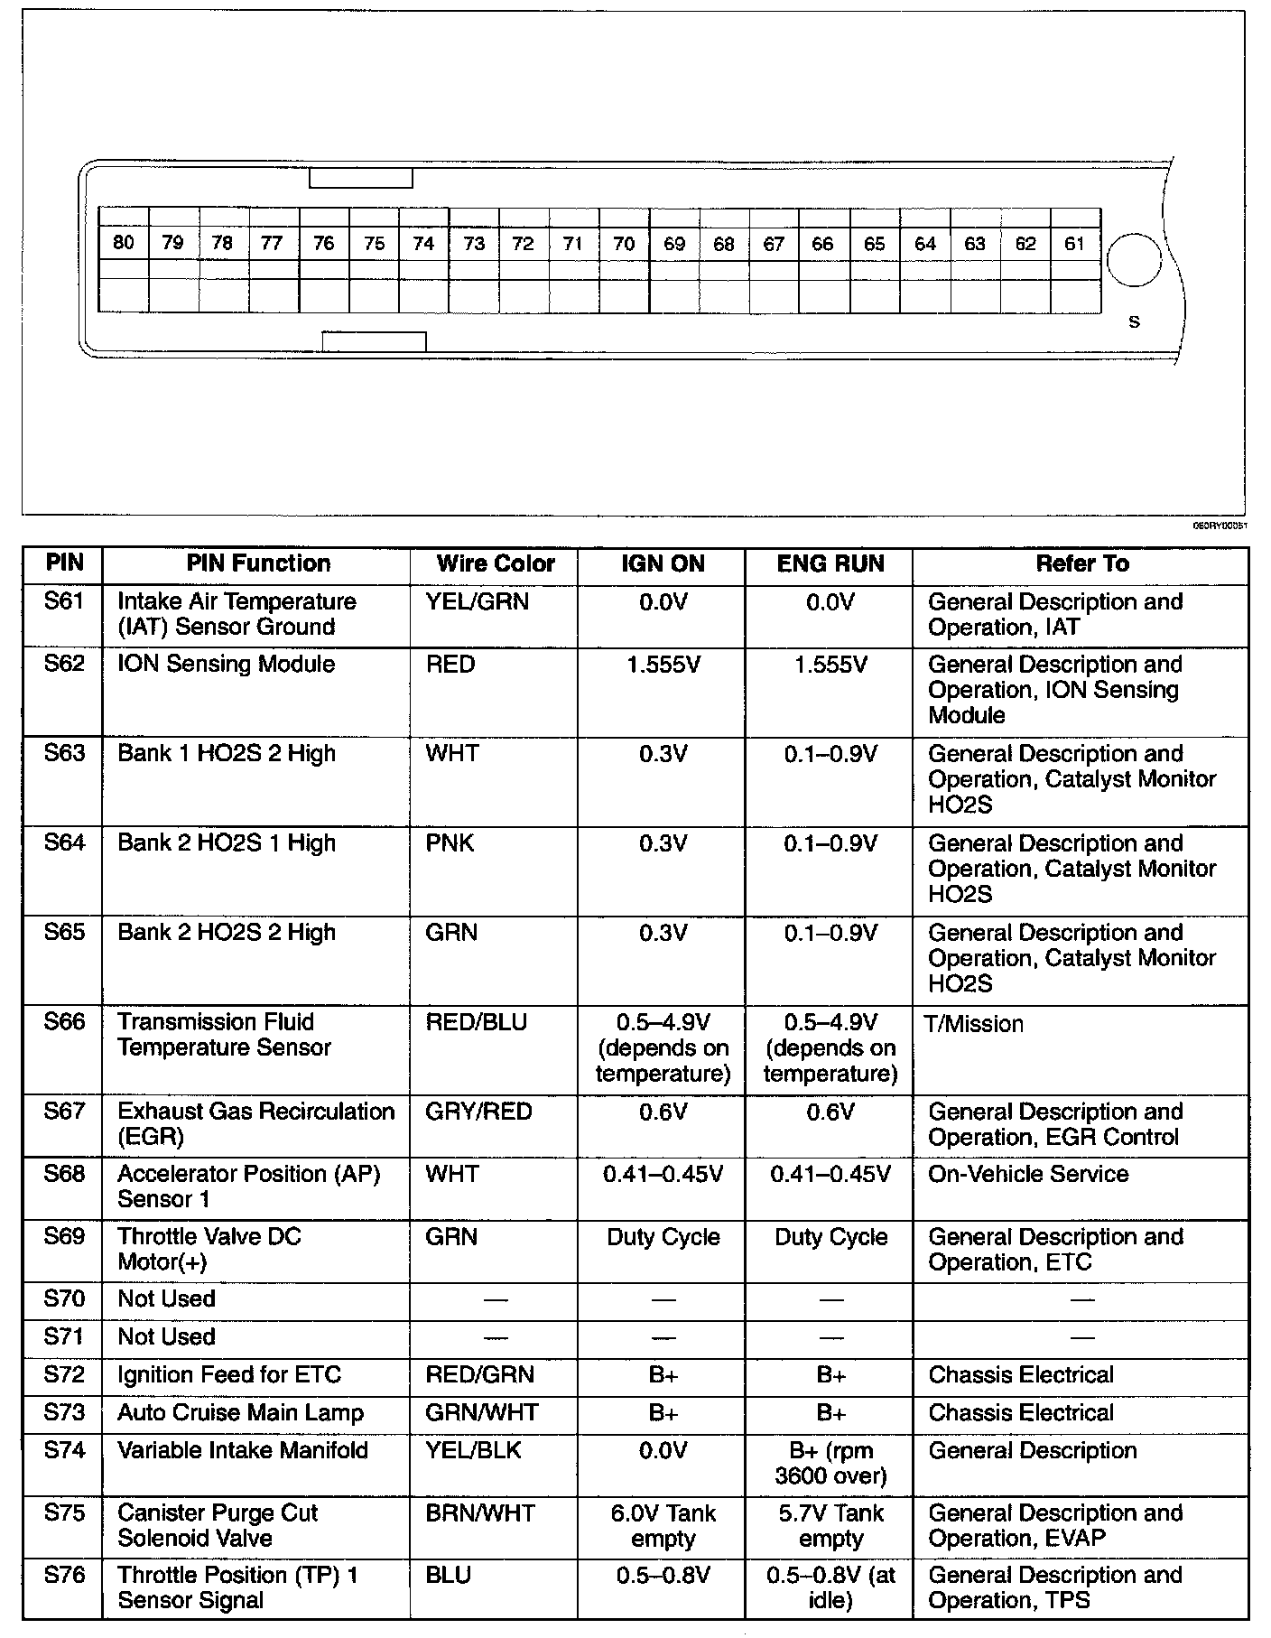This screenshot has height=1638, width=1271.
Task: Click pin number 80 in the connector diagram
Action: [124, 242]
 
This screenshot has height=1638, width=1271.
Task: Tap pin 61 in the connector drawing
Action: [1074, 243]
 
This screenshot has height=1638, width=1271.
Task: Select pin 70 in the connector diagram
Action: [624, 243]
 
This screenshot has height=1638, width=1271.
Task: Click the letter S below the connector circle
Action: [1135, 321]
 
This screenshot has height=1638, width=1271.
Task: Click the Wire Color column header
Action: [495, 563]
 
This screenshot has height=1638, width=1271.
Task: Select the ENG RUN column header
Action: [830, 563]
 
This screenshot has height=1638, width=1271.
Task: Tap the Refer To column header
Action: [1081, 563]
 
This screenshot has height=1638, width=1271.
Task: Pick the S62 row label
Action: [63, 664]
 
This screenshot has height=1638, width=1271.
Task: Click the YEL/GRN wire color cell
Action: [477, 601]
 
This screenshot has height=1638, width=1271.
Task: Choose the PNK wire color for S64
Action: [450, 842]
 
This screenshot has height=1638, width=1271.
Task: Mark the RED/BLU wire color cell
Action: [476, 1021]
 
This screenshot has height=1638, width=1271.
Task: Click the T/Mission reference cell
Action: [975, 1024]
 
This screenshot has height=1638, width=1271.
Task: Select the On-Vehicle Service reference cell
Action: [1028, 1174]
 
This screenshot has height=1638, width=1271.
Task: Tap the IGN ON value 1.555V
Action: [663, 665]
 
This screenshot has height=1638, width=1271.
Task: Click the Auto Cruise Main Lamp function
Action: [240, 1412]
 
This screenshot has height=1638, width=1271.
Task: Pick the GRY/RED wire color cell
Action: [478, 1111]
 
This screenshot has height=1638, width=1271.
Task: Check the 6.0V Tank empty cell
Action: [663, 1525]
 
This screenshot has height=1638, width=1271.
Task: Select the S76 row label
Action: [63, 1575]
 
